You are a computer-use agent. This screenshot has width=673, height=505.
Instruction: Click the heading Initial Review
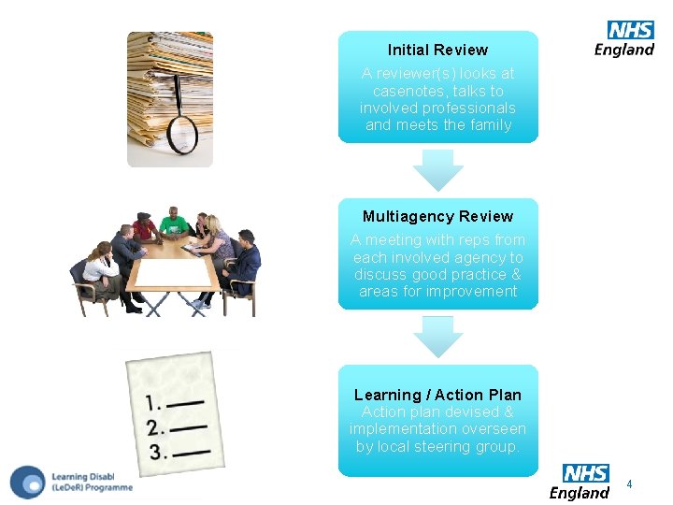point(437,50)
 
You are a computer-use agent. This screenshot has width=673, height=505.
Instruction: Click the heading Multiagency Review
point(437,217)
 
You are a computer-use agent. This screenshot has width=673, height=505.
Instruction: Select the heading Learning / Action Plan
point(437,396)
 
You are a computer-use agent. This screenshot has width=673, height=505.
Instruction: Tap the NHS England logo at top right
point(625,39)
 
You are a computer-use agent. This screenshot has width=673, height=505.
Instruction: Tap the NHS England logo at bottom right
point(580,482)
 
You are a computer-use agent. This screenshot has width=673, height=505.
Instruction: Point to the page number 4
point(629,484)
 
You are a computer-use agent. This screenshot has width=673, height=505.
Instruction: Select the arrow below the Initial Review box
point(438,170)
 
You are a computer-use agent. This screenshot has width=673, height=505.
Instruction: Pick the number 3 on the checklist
point(158,453)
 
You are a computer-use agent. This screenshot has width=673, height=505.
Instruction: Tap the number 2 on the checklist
point(155,429)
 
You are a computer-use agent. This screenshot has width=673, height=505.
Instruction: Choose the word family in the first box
point(490,125)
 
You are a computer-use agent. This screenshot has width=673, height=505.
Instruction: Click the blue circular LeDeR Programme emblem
point(28,482)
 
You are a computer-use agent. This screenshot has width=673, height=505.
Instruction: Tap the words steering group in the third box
point(475,447)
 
